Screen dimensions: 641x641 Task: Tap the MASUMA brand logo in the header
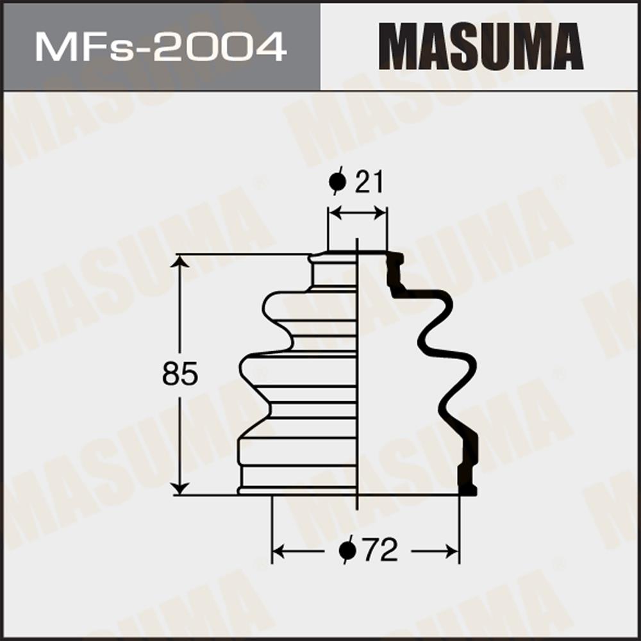pos(481,47)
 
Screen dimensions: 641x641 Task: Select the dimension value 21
pos(370,182)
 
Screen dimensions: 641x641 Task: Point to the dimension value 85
pos(180,373)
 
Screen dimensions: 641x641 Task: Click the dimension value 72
pos(380,550)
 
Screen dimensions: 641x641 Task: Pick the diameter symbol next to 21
pos(338,181)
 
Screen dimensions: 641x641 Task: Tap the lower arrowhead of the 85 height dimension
pos(179,488)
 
